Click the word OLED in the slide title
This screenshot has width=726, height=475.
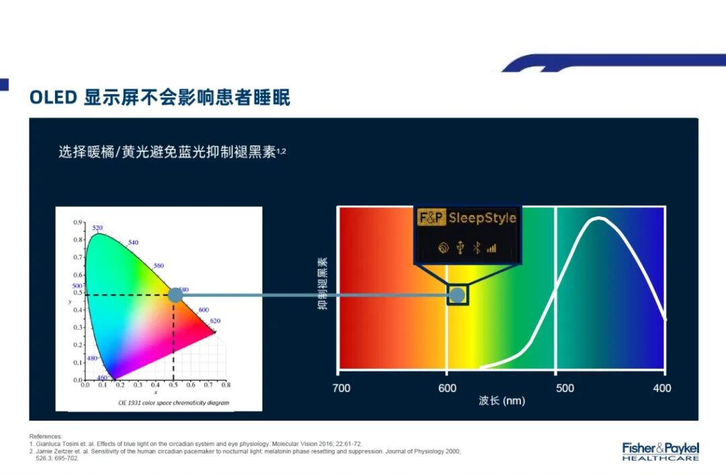[53, 97]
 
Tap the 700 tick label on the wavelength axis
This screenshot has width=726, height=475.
[341, 388]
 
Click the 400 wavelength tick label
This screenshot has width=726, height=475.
[662, 388]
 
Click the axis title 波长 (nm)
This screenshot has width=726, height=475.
[501, 401]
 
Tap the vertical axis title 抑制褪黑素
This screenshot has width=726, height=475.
[323, 284]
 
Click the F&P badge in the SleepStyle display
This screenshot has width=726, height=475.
[431, 218]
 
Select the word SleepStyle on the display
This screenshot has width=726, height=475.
[482, 218]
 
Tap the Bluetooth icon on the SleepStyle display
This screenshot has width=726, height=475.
[476, 248]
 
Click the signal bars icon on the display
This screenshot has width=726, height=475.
[491, 248]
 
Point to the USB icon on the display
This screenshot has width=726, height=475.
[460, 248]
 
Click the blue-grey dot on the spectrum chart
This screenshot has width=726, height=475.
[457, 295]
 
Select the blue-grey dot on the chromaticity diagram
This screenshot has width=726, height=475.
[175, 295]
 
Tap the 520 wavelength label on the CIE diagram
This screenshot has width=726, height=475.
[97, 228]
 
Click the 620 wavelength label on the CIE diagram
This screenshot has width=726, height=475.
[214, 321]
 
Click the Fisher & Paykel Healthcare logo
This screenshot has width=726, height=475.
[660, 451]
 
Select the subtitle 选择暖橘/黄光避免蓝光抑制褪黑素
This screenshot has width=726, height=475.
[172, 152]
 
